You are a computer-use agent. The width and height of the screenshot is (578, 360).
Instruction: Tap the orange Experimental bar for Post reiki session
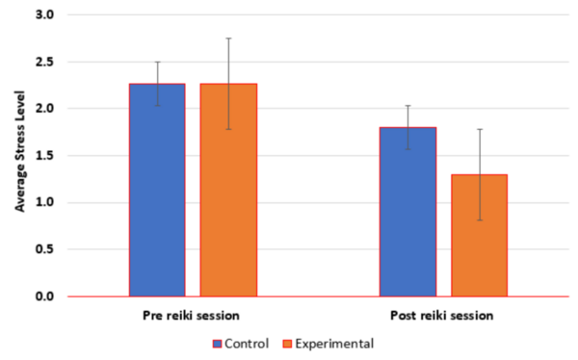click(x=479, y=235)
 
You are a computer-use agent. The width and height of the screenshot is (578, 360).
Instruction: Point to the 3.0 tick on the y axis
click(x=45, y=15)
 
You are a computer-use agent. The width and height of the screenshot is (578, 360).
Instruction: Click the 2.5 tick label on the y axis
click(x=45, y=63)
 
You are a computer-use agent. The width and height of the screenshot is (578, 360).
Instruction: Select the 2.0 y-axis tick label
click(x=45, y=109)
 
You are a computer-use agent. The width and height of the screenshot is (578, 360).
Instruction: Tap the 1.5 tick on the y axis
click(x=45, y=156)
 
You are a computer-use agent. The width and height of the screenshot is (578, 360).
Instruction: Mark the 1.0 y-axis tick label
click(x=45, y=202)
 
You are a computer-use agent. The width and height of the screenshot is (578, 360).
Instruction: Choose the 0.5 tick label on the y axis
click(x=45, y=249)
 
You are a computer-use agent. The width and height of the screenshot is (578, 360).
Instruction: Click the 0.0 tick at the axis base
click(x=45, y=296)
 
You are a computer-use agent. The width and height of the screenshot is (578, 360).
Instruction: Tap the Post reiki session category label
click(x=443, y=317)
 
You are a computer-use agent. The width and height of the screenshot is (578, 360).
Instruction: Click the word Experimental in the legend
click(x=333, y=343)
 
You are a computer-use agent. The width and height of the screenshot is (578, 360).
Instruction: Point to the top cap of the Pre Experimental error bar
click(x=228, y=39)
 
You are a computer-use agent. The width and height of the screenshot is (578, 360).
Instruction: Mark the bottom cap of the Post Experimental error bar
click(x=479, y=220)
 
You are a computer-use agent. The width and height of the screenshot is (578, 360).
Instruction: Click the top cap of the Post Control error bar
click(x=407, y=106)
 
